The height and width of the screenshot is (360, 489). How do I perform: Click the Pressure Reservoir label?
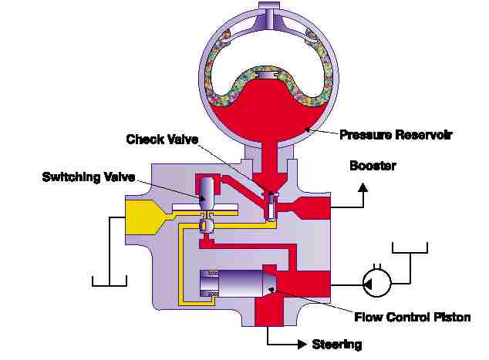click(x=396, y=134)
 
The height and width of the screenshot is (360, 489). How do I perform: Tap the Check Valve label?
click(x=162, y=139)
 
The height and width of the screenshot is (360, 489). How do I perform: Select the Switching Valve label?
click(x=89, y=177)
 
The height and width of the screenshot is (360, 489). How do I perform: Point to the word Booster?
click(x=373, y=165)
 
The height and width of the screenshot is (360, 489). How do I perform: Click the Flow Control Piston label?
click(x=412, y=316)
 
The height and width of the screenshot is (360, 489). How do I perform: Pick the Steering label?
click(x=337, y=343)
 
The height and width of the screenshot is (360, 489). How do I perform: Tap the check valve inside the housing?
click(x=270, y=207)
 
